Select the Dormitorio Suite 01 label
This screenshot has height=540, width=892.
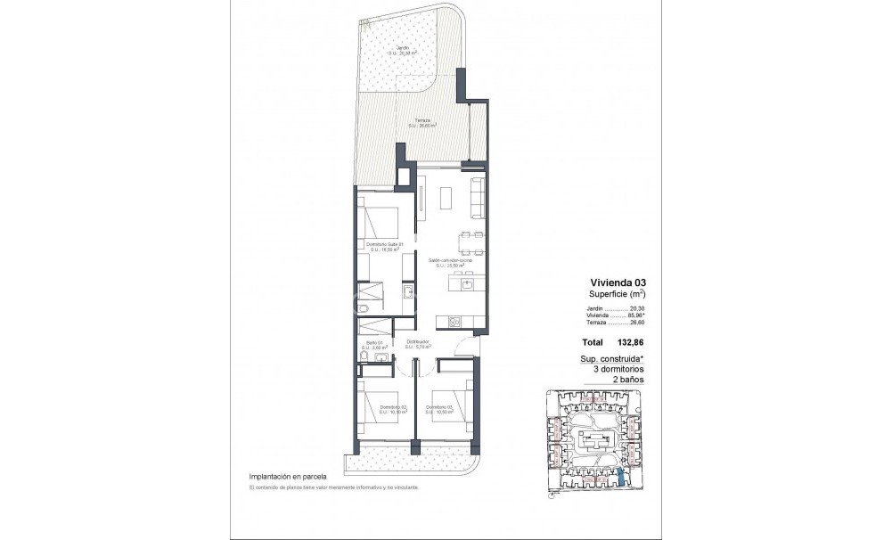tap(385, 248)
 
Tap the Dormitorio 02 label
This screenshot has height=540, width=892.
tap(391, 410)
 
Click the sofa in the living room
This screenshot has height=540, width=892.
tap(478, 200)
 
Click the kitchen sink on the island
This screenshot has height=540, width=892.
tap(467, 284)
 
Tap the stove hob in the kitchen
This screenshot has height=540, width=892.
tap(454, 323)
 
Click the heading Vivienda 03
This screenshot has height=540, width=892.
tap(614, 282)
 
